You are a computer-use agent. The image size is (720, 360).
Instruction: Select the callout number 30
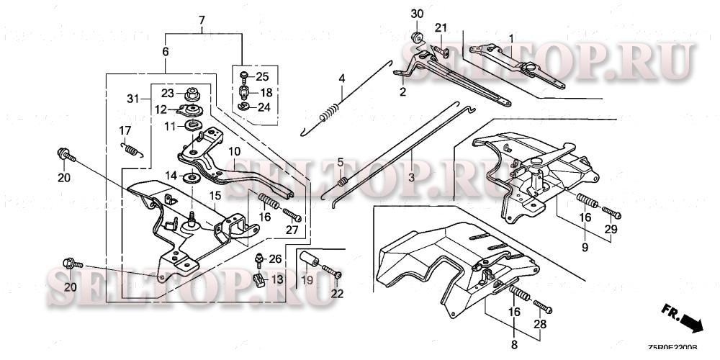coord(418,14)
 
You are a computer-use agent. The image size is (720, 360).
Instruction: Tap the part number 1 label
coord(512,37)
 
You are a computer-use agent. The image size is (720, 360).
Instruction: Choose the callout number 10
coord(234,153)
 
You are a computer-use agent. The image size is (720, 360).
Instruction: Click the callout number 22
coord(337,293)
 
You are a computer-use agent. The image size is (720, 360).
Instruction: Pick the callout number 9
coord(584,247)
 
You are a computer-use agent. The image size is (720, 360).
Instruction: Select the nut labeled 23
coord(192,93)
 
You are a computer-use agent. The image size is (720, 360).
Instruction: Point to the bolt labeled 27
coord(290,214)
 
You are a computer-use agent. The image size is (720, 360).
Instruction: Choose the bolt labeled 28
coord(541,309)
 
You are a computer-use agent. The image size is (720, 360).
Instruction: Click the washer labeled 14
coord(193,178)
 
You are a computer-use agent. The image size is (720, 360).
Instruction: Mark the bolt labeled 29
coord(609,212)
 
